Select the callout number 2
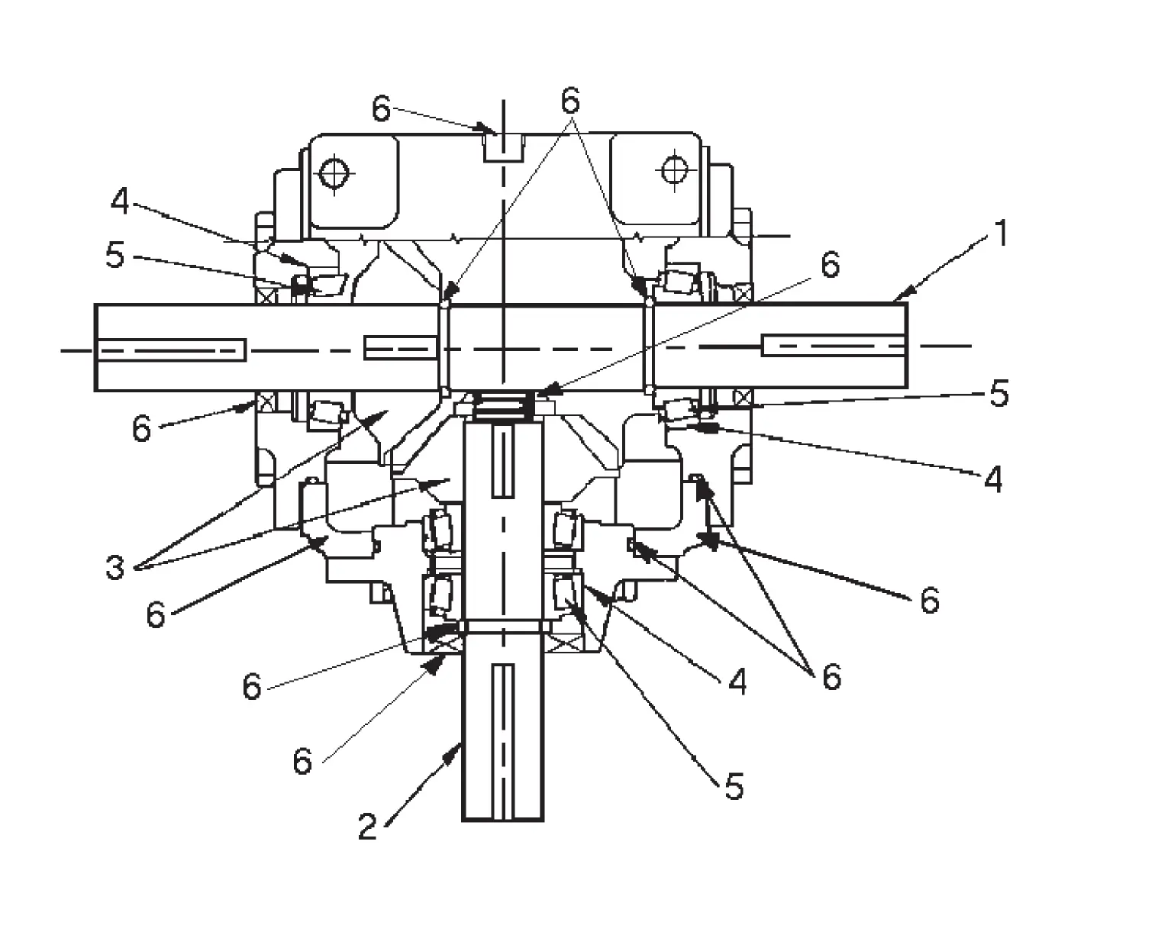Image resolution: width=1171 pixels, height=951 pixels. [x=368, y=827]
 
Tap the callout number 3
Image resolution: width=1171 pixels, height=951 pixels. [x=115, y=568]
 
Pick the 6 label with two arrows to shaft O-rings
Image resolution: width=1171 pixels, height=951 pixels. [x=570, y=100]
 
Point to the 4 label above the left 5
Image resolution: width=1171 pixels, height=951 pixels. [x=121, y=202]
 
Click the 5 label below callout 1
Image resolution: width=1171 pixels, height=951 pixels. [x=998, y=394]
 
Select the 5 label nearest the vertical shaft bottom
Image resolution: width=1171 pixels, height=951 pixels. [x=734, y=786]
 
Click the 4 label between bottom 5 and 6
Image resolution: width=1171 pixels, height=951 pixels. [x=737, y=682]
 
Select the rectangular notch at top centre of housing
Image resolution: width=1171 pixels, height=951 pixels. [x=504, y=147]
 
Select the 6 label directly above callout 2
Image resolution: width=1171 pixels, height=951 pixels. [x=303, y=761]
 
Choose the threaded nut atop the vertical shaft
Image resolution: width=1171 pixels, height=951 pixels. [x=503, y=406]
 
